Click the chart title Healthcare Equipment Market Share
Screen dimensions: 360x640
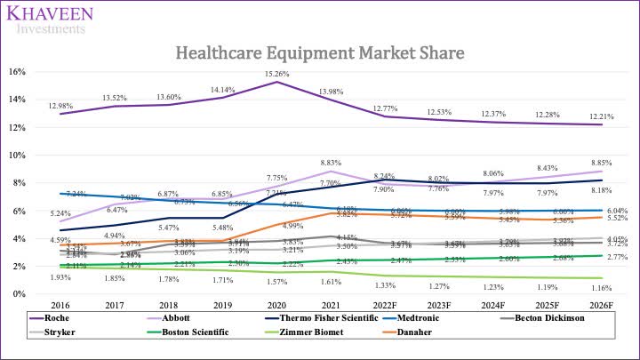point(320,52)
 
